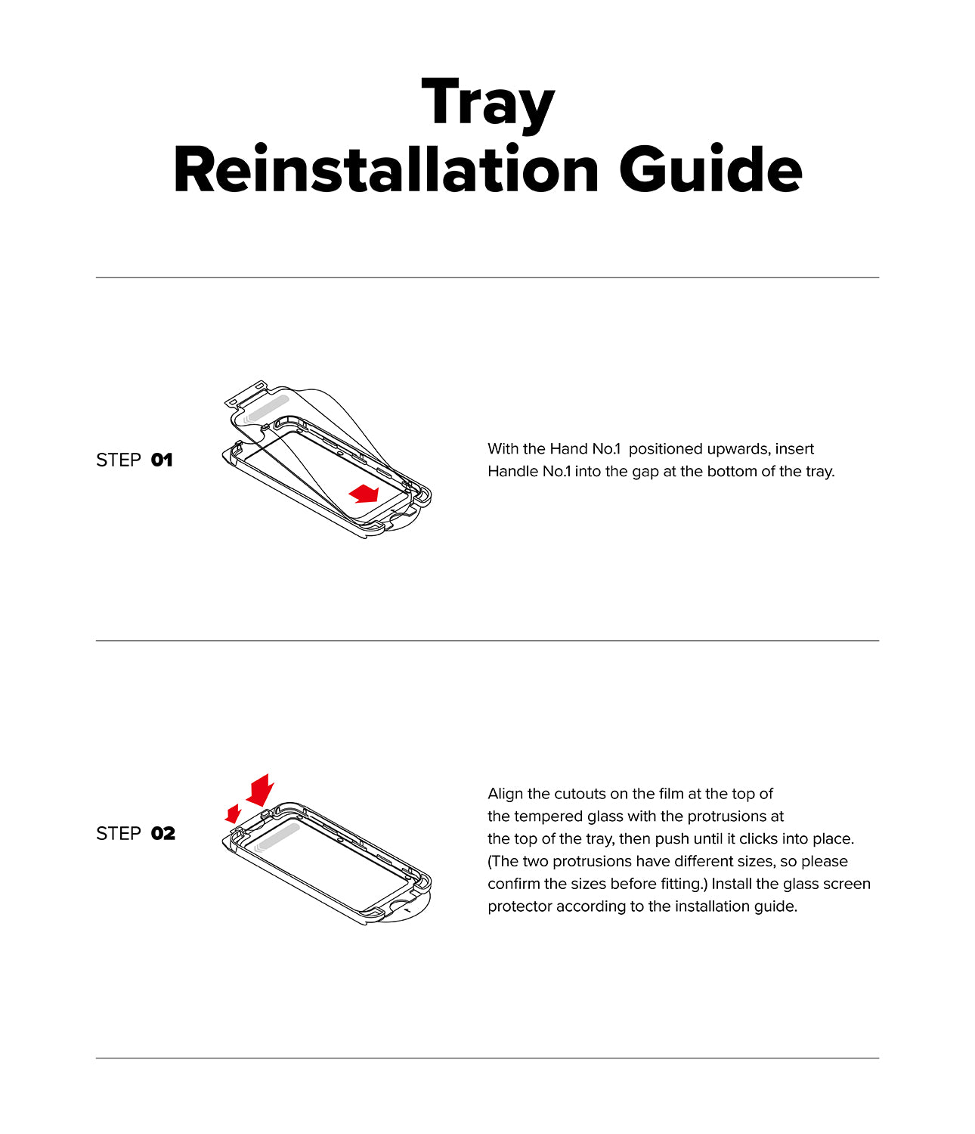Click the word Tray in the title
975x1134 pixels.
(487, 104)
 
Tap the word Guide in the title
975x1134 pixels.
(710, 171)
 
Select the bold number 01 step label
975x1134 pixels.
(162, 460)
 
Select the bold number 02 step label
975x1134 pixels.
(163, 833)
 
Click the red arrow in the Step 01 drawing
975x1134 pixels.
(364, 494)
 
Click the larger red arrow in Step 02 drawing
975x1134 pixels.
(260, 790)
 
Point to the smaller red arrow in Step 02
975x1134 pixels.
(233, 813)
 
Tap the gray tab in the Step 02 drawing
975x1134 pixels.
(277, 838)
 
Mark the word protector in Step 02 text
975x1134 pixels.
(519, 906)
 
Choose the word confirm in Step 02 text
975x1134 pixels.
(513, 884)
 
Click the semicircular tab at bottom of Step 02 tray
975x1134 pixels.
(408, 910)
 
